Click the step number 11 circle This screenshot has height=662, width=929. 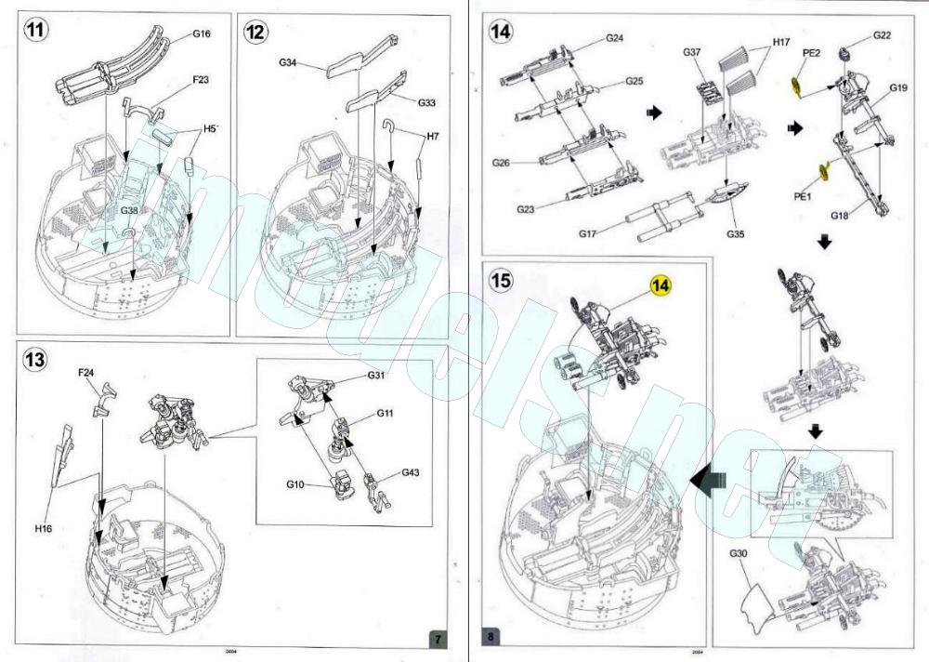(x=35, y=32)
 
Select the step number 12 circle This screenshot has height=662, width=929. (x=255, y=32)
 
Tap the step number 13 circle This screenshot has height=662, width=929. (x=35, y=359)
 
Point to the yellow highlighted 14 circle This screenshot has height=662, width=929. (x=661, y=284)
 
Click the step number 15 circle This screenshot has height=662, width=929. (x=503, y=281)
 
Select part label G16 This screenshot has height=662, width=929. (x=202, y=33)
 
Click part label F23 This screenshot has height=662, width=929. (x=201, y=80)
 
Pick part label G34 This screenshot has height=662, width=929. (x=289, y=63)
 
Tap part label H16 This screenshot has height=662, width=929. (x=44, y=528)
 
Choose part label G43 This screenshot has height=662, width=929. (x=411, y=472)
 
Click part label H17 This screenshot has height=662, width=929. (x=780, y=44)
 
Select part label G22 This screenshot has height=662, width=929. (x=882, y=35)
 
